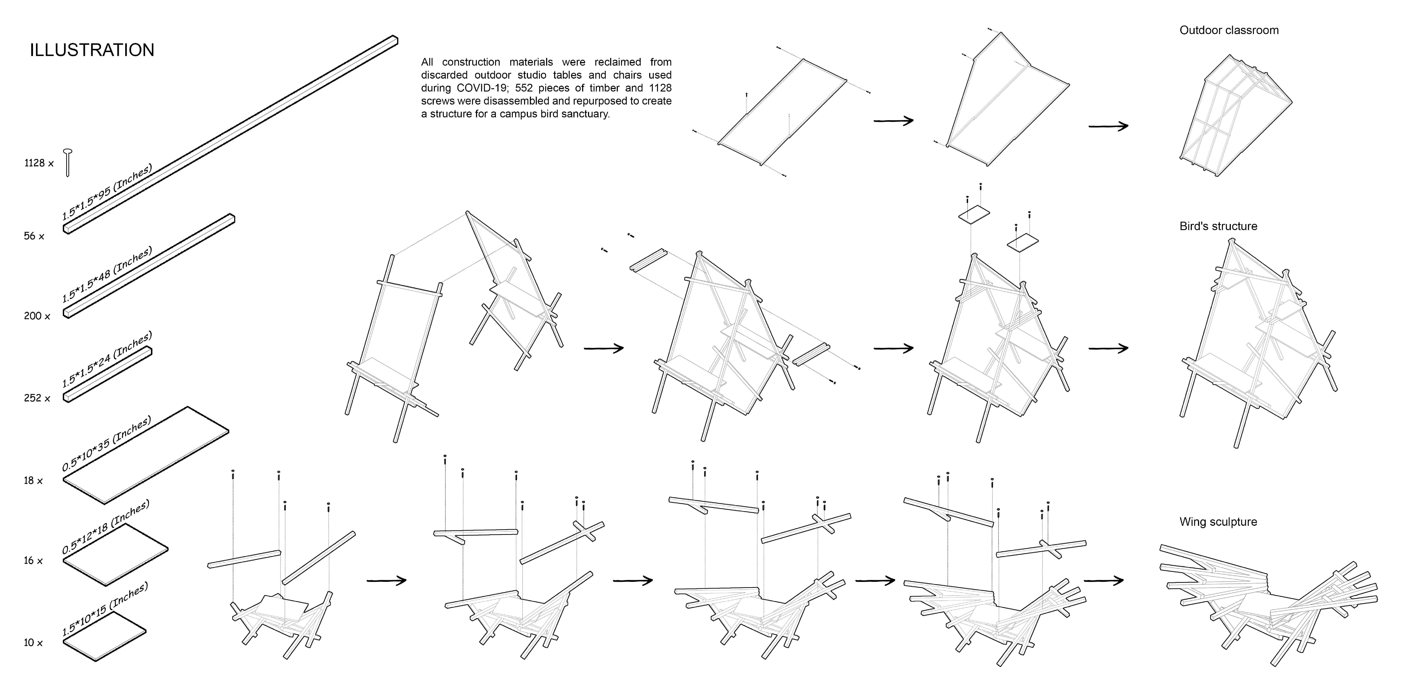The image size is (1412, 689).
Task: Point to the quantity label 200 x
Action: [37, 316]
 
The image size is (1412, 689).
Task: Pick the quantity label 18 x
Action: [33, 481]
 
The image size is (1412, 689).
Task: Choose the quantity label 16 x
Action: [33, 561]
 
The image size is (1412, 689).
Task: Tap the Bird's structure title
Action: [1218, 226]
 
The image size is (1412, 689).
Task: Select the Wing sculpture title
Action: [1218, 522]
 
